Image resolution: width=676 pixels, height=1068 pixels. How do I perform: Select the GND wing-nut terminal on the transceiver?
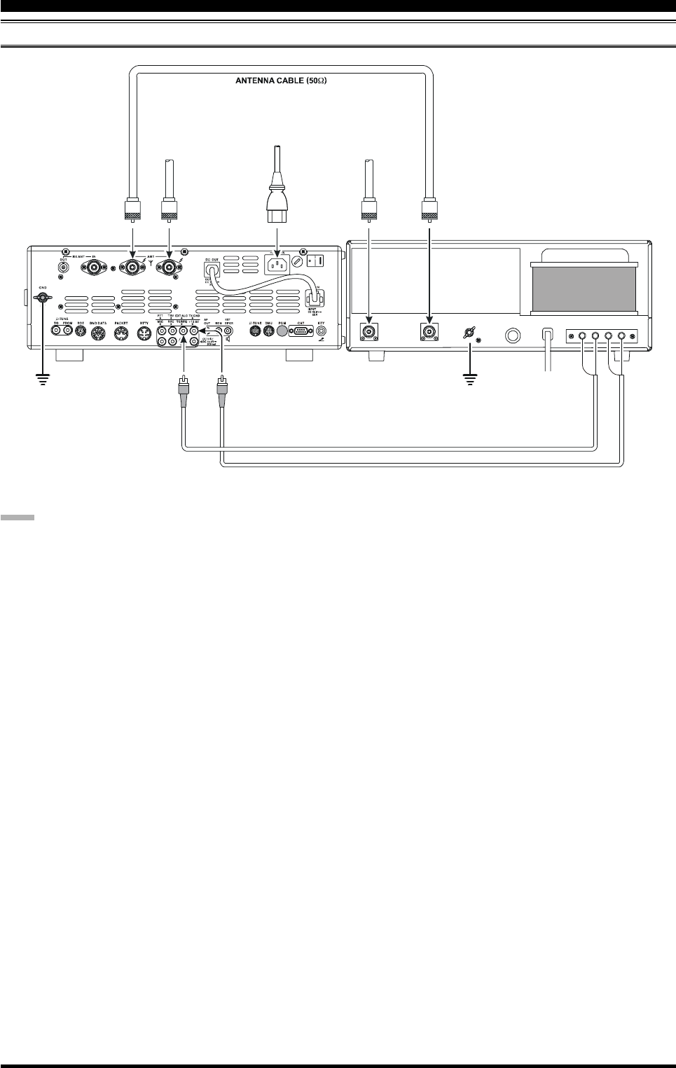(x=43, y=298)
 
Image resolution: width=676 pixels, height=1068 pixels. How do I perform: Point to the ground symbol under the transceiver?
(x=43, y=382)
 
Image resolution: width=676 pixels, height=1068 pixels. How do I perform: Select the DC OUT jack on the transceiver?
(x=209, y=268)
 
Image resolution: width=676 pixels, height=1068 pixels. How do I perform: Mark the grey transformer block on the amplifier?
(x=585, y=286)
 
